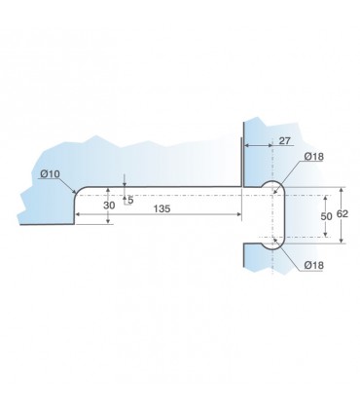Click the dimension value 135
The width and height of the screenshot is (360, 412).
pyautogui.click(x=162, y=208)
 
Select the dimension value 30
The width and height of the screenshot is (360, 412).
pyautogui.click(x=109, y=206)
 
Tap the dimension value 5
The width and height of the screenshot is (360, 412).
pyautogui.click(x=130, y=200)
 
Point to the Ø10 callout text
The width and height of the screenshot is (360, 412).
pyautogui.click(x=50, y=174)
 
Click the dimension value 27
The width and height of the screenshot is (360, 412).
pyautogui.click(x=284, y=141)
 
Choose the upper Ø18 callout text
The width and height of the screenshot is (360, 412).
pyautogui.click(x=314, y=157)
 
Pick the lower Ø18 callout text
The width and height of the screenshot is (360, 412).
pyautogui.click(x=314, y=265)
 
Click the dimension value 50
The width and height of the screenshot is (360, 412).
pyautogui.click(x=326, y=216)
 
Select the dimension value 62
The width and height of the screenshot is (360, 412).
pyautogui.click(x=342, y=214)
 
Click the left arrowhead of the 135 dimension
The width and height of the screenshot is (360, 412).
pyautogui.click(x=78, y=214)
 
